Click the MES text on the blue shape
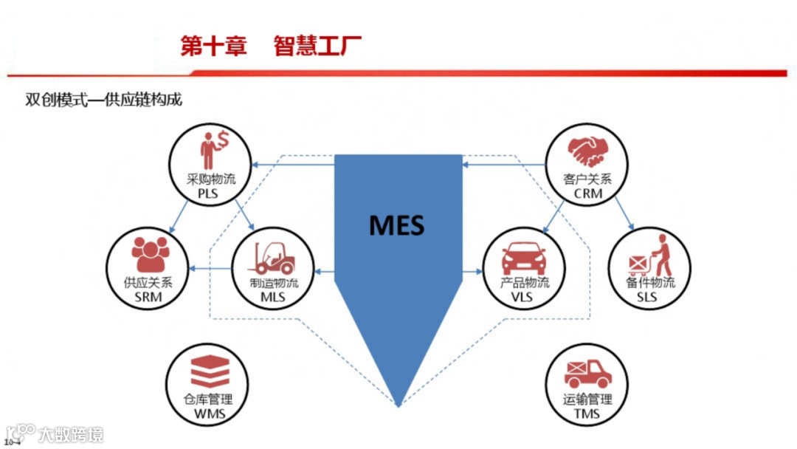[397, 224]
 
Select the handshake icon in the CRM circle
[587, 151]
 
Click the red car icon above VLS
[524, 257]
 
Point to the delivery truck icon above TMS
[587, 374]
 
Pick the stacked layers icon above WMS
[210, 371]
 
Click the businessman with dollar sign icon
[214, 149]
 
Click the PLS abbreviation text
[210, 194]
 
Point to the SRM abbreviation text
[148, 298]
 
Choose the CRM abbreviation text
[587, 194]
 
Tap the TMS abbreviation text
[587, 414]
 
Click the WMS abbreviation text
[210, 414]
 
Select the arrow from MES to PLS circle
[292, 164]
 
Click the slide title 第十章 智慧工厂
[272, 46]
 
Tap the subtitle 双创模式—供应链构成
[104, 100]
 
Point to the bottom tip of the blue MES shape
[399, 405]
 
